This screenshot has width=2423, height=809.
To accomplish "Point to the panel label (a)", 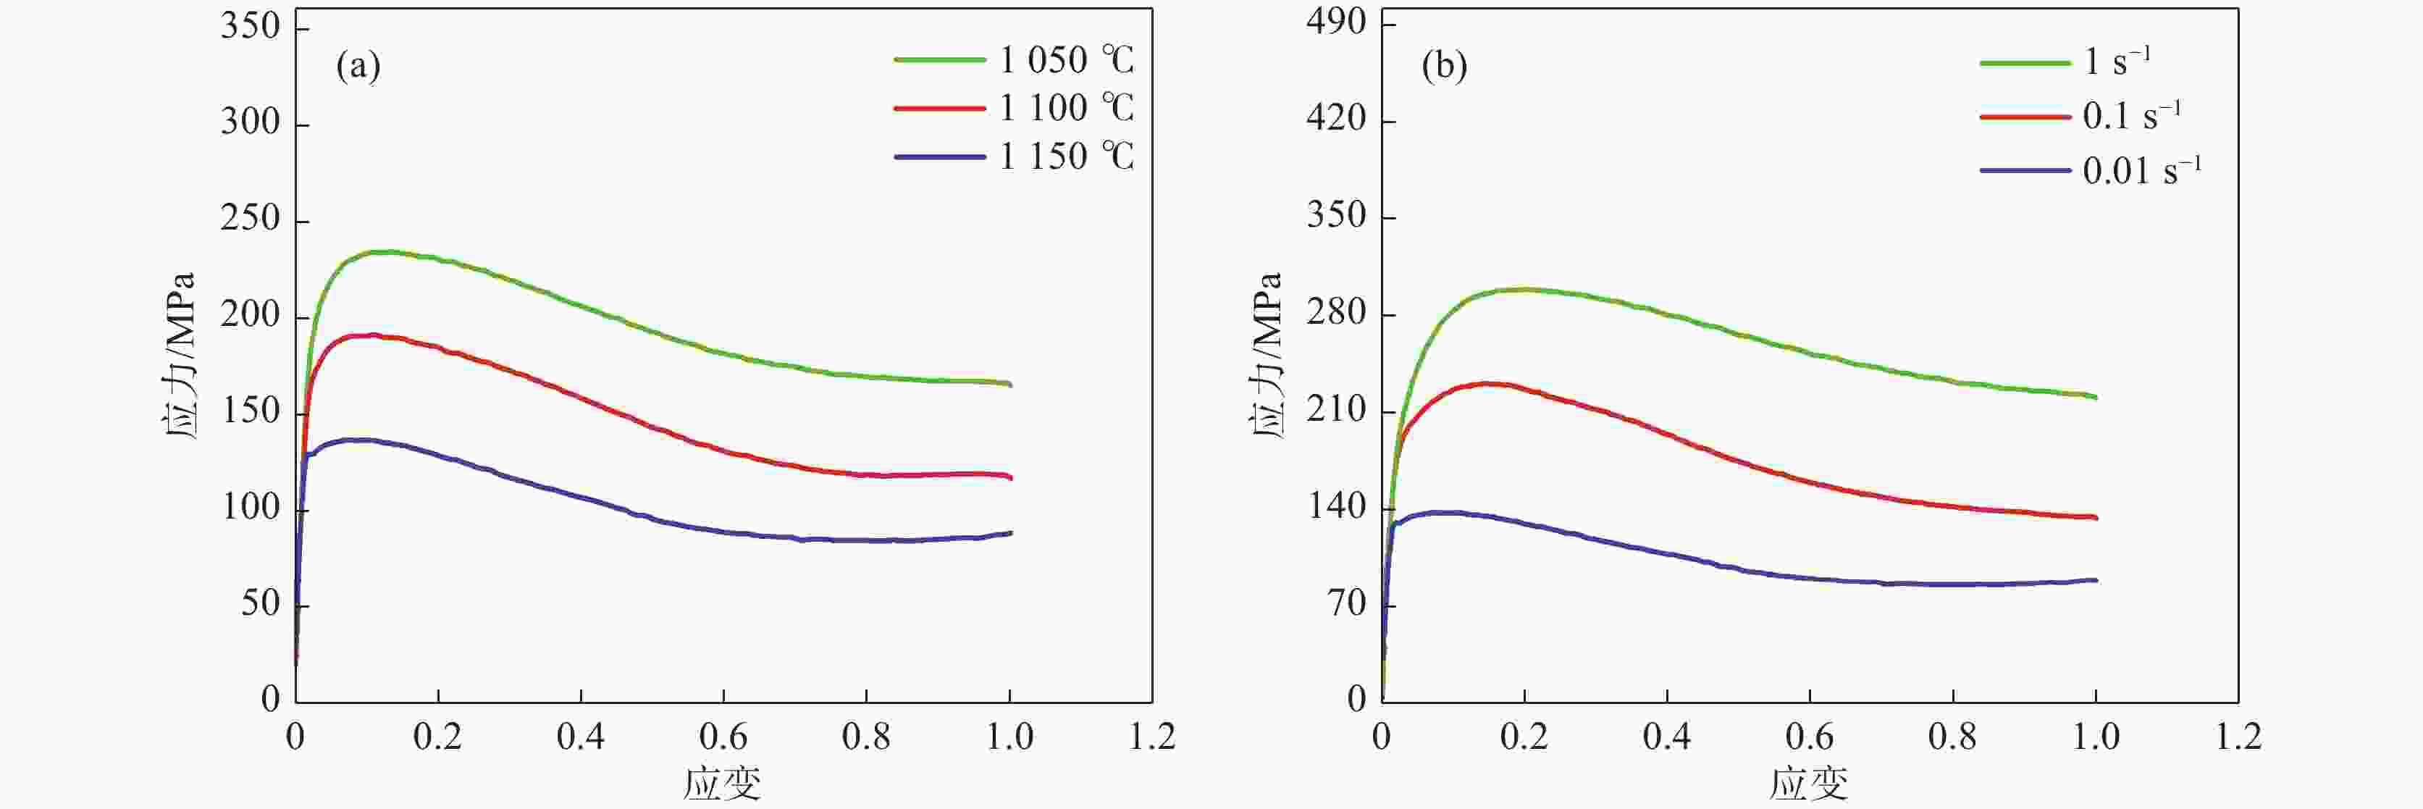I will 358,67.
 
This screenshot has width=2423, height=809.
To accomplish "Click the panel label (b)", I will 1444,67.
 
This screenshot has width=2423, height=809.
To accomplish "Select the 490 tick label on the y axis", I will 1335,22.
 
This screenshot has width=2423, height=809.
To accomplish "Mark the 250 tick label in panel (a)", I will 251,219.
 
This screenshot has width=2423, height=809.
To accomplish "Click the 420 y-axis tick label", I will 1335,119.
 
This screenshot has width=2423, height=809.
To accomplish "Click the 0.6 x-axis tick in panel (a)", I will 723,737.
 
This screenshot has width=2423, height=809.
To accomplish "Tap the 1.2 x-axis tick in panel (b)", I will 2238,737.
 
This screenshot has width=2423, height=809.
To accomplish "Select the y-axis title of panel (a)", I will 179,356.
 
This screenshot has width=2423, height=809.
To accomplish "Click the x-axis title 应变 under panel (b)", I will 1808,784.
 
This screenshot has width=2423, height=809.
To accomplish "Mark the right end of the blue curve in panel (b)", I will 2096,580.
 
